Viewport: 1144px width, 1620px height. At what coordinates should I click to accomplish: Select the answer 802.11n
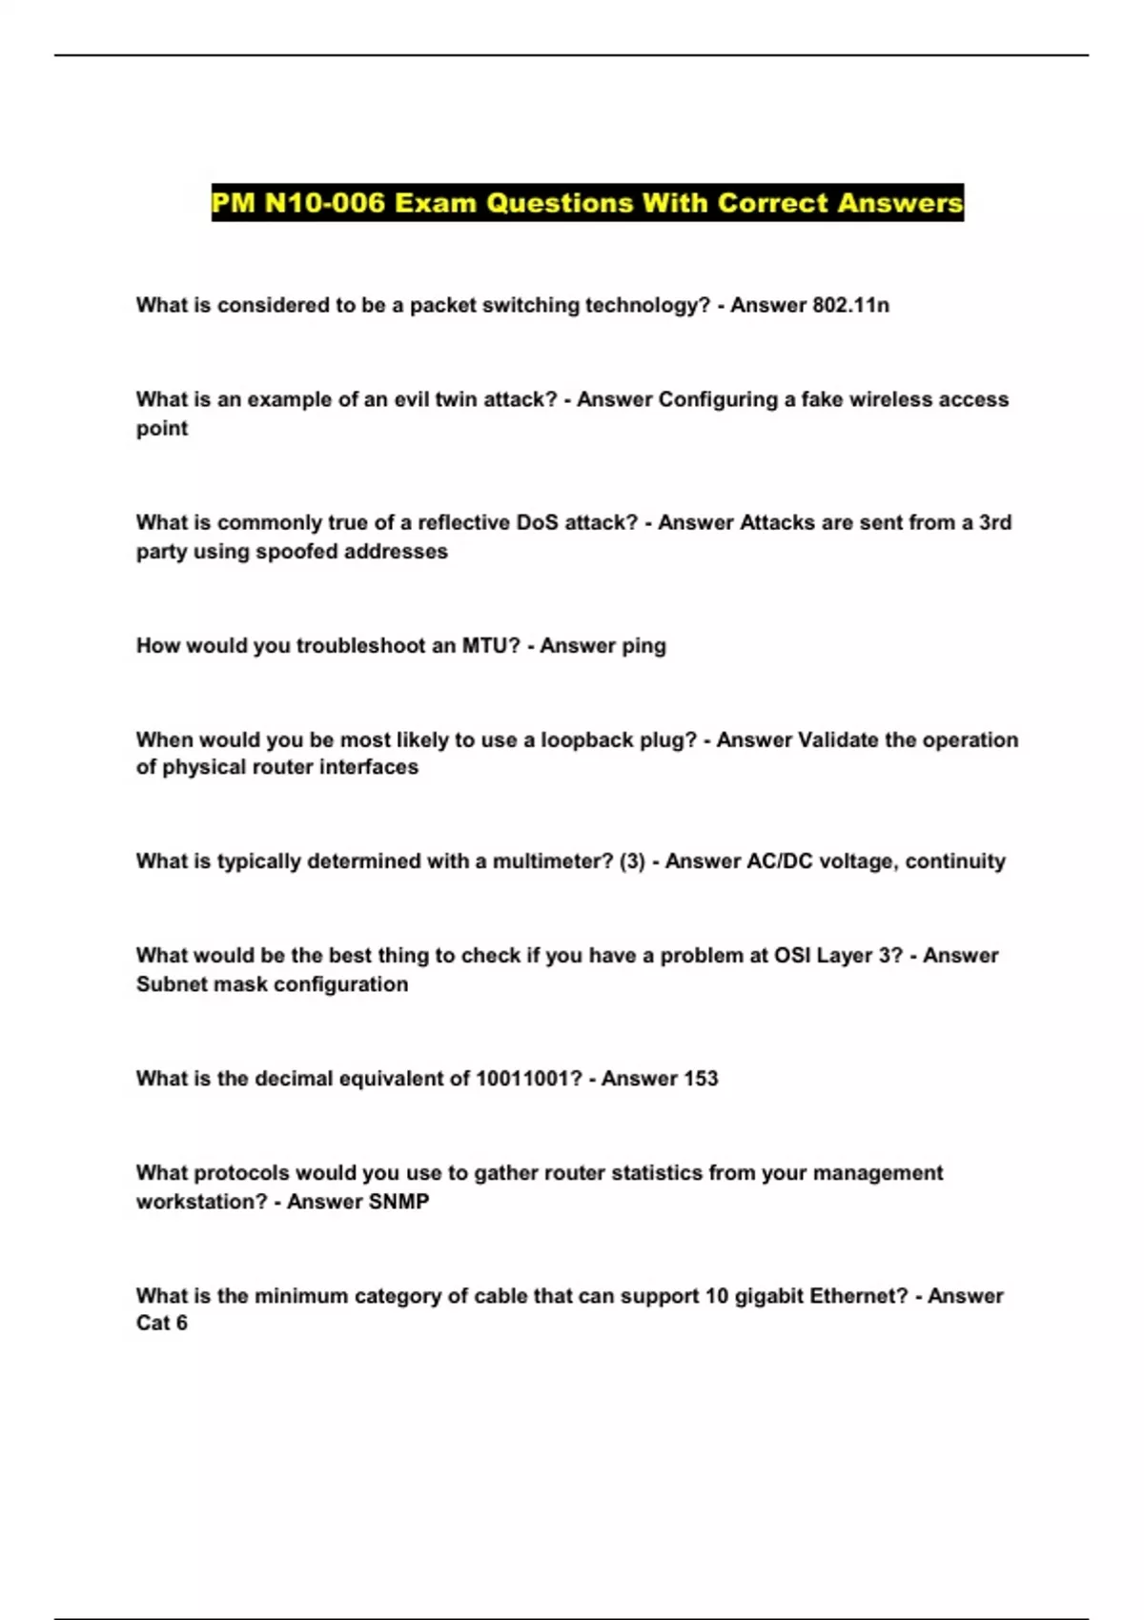(x=850, y=305)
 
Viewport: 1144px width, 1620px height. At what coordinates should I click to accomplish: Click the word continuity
(x=955, y=861)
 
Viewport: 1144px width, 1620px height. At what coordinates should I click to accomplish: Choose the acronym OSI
(x=792, y=955)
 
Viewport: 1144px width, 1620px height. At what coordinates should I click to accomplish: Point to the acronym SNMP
(x=398, y=1201)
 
